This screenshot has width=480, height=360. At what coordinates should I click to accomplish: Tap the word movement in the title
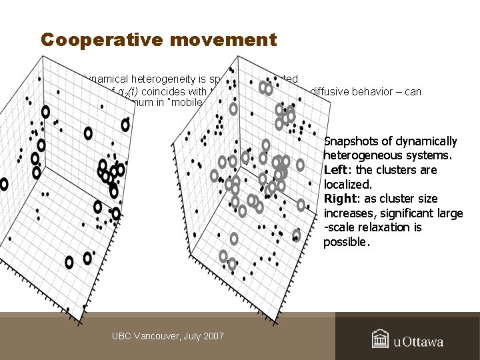[x=223, y=40]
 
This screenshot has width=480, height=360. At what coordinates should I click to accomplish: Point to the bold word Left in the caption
[x=335, y=170]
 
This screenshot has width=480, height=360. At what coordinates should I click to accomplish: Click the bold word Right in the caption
[x=339, y=199]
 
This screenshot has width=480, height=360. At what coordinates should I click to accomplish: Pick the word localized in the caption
[x=347, y=185]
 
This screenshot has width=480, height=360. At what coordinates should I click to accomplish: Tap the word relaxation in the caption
[x=379, y=227]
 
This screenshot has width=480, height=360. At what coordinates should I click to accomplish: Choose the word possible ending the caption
[x=345, y=242]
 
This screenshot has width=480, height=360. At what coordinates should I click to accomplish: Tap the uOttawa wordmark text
[x=418, y=342]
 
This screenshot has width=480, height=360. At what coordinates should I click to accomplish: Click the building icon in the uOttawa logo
[x=380, y=339]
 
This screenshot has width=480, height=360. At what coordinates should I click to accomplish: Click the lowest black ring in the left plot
[x=69, y=263]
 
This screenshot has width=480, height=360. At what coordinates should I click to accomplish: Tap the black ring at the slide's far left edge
[x=3, y=184]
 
